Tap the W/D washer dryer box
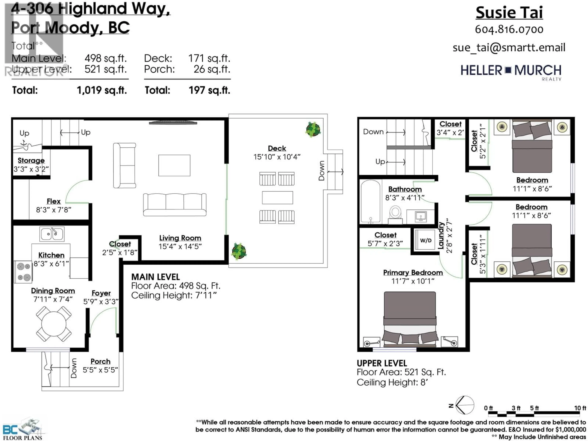(x=426, y=240)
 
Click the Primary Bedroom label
(x=413, y=272)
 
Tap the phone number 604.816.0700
(x=509, y=30)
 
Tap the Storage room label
(x=31, y=161)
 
